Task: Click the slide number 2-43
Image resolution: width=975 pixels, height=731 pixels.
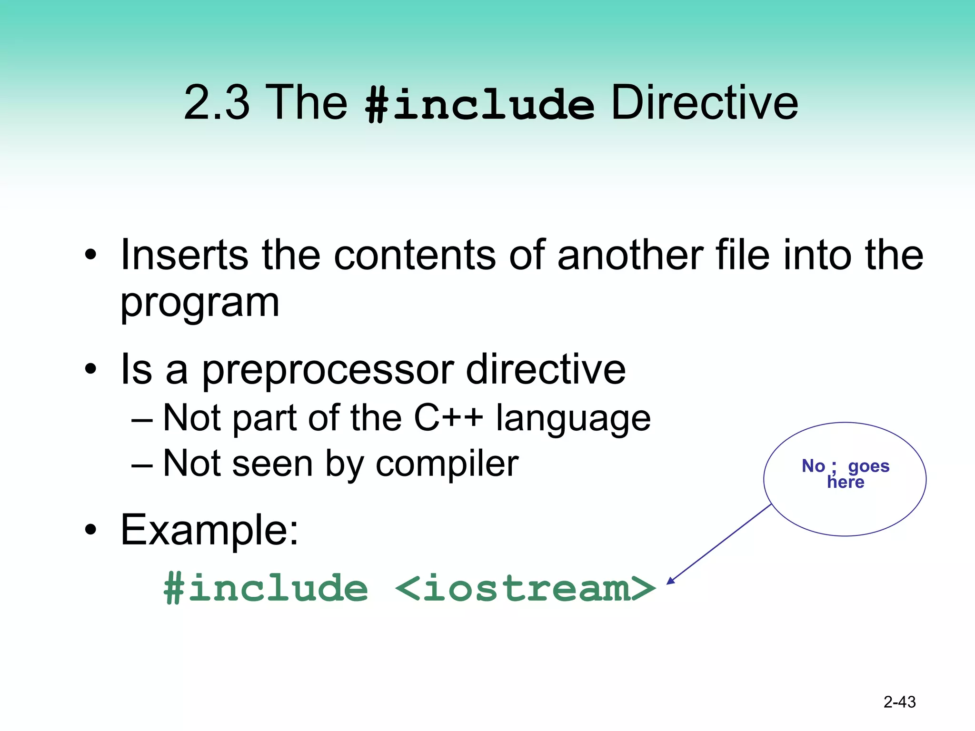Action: click(x=899, y=702)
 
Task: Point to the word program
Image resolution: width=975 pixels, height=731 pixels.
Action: click(x=200, y=304)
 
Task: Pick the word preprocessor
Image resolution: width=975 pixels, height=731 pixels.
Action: click(x=328, y=370)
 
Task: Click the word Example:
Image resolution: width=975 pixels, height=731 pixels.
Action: click(x=209, y=530)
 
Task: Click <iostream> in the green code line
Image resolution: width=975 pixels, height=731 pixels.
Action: click(x=525, y=588)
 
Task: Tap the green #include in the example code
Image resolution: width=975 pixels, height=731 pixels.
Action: click(x=266, y=588)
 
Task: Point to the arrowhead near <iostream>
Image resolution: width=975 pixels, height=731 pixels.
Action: click(x=670, y=581)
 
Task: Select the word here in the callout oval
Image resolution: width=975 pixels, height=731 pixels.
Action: click(x=846, y=483)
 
